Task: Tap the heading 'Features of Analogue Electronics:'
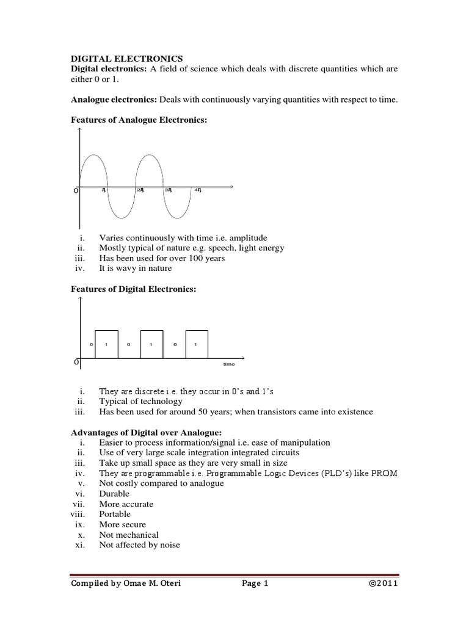point(139,120)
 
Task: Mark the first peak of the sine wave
point(93,156)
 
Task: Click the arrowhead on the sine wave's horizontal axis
point(233,186)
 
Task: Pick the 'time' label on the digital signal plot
point(228,364)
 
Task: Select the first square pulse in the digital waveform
point(106,344)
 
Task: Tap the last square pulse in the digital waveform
point(196,344)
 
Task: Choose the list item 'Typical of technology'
point(140,401)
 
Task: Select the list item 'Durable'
point(114,494)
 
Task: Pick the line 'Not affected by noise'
point(139,544)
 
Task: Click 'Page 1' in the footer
point(255,583)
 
